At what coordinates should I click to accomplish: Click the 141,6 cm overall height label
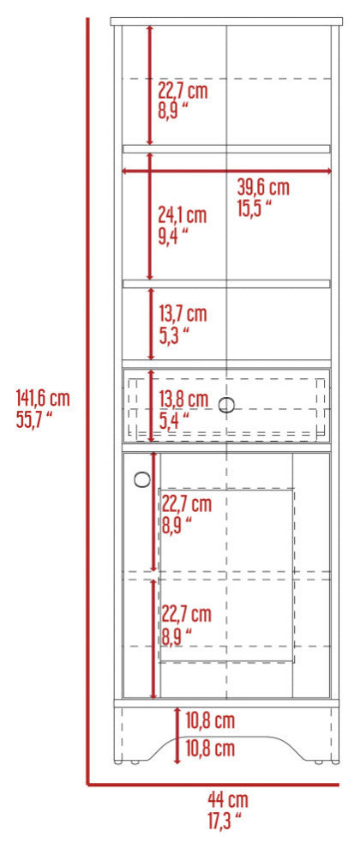(x=44, y=399)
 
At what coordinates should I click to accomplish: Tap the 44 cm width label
(x=228, y=798)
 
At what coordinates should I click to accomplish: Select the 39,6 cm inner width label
(x=263, y=188)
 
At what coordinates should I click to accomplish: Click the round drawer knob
(x=227, y=405)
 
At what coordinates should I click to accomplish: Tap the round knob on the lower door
(x=142, y=479)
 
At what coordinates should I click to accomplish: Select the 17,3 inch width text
(x=224, y=822)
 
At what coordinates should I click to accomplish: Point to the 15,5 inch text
(x=255, y=208)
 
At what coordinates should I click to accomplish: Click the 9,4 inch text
(x=173, y=236)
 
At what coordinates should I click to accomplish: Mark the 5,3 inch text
(x=174, y=334)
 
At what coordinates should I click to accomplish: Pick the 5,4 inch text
(x=174, y=419)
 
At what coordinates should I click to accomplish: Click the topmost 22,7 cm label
(x=183, y=90)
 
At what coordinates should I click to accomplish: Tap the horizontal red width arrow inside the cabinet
(x=227, y=172)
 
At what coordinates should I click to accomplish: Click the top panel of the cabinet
(x=227, y=21)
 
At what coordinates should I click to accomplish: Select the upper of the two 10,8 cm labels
(x=210, y=720)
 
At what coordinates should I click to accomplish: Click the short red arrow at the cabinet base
(x=177, y=735)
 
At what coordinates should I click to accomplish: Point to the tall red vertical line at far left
(x=87, y=400)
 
